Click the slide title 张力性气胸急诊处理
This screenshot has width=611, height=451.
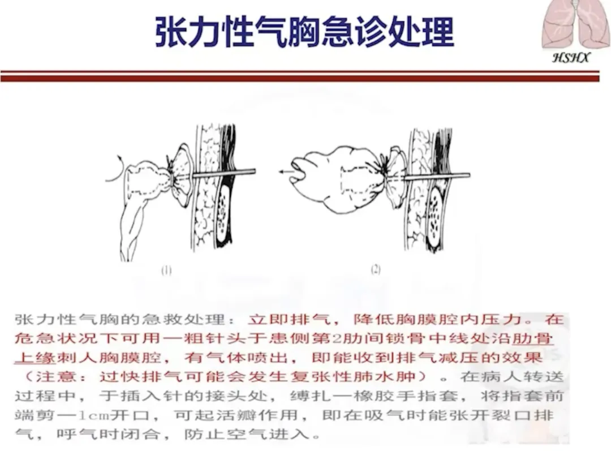[304, 32]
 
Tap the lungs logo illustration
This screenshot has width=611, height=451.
[576, 24]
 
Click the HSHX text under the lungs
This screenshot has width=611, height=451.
[571, 58]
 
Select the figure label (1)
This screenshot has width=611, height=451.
[166, 270]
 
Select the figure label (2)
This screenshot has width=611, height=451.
[376, 269]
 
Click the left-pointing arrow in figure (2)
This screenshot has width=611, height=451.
[286, 171]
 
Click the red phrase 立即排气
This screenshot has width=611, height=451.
[289, 319]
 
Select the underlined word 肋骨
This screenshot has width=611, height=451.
[532, 338]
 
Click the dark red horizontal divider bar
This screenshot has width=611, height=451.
[300, 76]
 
